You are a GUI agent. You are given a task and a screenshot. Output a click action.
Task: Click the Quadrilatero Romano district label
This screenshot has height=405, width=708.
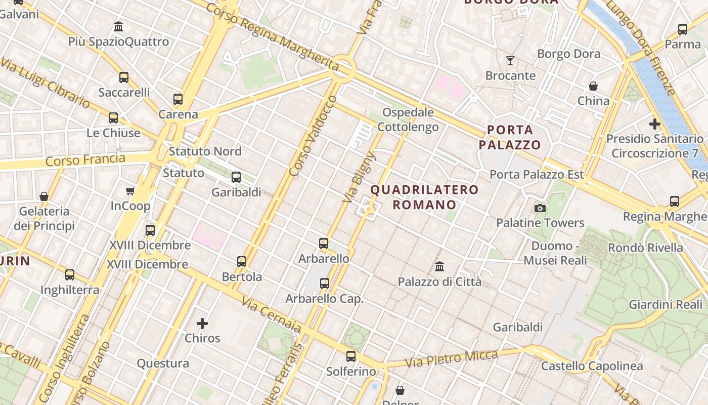click(x=425, y=197)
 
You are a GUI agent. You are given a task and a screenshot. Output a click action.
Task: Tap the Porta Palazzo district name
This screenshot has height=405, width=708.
click(x=510, y=138)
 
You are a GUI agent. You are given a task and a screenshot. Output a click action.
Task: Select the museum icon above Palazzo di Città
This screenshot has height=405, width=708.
click(x=439, y=266)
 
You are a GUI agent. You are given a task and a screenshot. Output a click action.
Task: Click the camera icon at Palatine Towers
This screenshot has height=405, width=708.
click(x=540, y=208)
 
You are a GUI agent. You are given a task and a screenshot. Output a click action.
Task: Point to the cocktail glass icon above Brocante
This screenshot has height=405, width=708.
click(x=510, y=61)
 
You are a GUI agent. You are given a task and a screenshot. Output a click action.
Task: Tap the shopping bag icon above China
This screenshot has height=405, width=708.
click(x=593, y=86)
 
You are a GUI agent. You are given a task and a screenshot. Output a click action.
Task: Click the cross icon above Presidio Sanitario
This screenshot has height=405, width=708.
click(x=655, y=124)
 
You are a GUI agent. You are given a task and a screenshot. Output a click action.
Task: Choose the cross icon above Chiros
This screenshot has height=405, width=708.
click(x=202, y=323)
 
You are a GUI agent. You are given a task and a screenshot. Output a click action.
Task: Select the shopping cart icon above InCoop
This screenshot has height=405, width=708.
click(x=130, y=191)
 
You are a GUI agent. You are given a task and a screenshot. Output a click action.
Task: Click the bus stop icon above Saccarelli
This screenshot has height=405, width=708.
click(x=124, y=77)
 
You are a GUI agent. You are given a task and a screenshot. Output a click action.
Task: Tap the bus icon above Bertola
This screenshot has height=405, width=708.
click(x=242, y=262)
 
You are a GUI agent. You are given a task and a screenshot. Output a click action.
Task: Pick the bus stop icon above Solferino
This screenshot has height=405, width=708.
click(x=351, y=356)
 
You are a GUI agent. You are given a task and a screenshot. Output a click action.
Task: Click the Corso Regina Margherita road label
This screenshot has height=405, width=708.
click(x=272, y=36)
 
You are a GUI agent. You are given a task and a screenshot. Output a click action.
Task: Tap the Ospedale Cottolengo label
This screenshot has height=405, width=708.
click(x=408, y=119)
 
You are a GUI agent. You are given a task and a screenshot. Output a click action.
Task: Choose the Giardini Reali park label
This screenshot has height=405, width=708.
click(x=666, y=304)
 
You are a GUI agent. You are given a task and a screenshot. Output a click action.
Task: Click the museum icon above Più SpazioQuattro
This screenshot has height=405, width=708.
click(x=118, y=26)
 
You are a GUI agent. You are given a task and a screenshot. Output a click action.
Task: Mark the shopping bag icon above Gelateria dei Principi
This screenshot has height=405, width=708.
click(x=44, y=196)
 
